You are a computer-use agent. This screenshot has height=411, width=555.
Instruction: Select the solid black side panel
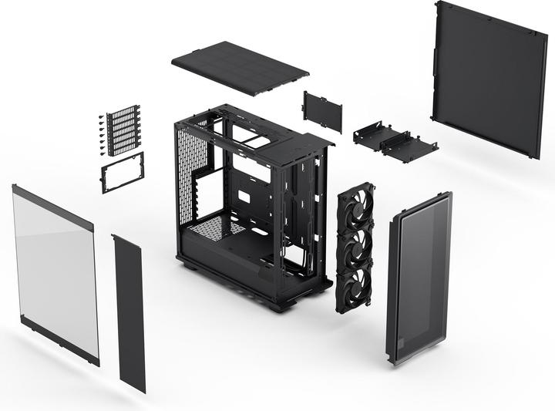tap(489, 77)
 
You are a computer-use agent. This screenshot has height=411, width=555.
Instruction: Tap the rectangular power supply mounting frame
tap(123, 171)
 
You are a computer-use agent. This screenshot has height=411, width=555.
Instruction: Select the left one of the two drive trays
tap(373, 136)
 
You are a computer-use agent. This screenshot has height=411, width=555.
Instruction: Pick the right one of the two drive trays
tap(409, 147)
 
